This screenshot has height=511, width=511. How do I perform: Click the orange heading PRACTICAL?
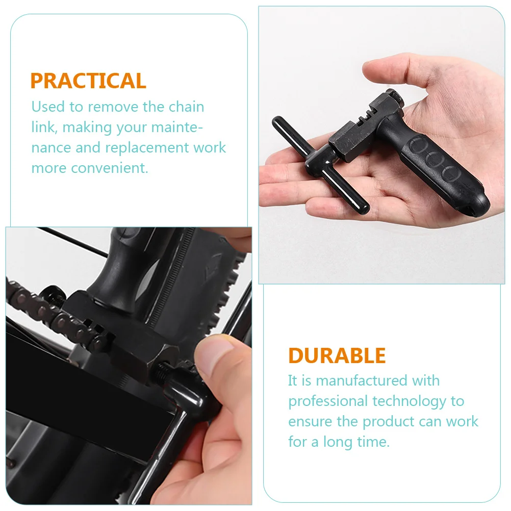coord(88,81)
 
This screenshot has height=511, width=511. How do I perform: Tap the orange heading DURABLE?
coord(337,355)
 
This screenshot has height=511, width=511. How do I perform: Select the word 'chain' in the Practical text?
coord(186,107)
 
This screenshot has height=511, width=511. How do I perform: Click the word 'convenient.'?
coord(110,168)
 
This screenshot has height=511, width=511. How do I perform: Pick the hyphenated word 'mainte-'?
coord(183,127)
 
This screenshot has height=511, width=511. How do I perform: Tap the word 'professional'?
coord(328,401)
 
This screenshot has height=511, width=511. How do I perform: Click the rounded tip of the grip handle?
coord(477,204)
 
